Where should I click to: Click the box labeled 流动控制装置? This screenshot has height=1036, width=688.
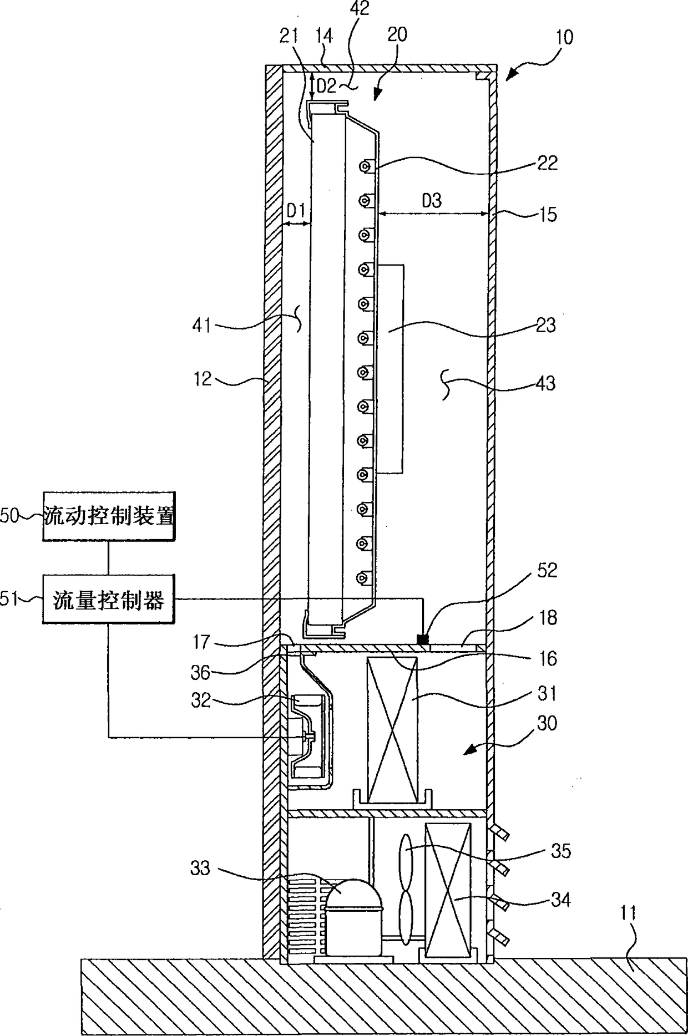[109, 516]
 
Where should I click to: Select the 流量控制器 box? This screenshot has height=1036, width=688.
[109, 600]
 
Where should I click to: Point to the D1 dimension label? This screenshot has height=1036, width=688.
[296, 211]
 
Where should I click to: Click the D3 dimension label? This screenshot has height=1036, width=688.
[432, 200]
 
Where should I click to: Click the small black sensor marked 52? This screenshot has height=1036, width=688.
[423, 639]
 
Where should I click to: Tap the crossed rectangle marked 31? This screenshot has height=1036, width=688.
[392, 729]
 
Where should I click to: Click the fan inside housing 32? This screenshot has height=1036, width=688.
[306, 737]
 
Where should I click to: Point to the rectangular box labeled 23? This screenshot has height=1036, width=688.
[389, 369]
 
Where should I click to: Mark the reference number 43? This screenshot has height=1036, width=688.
[546, 383]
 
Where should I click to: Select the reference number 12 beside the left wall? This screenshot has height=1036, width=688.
[203, 379]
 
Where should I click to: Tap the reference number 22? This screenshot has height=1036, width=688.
[547, 163]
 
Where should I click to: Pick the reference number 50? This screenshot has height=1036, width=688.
[9, 516]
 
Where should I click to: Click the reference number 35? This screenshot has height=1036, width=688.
[560, 851]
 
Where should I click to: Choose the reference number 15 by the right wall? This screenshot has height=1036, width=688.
[548, 214]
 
